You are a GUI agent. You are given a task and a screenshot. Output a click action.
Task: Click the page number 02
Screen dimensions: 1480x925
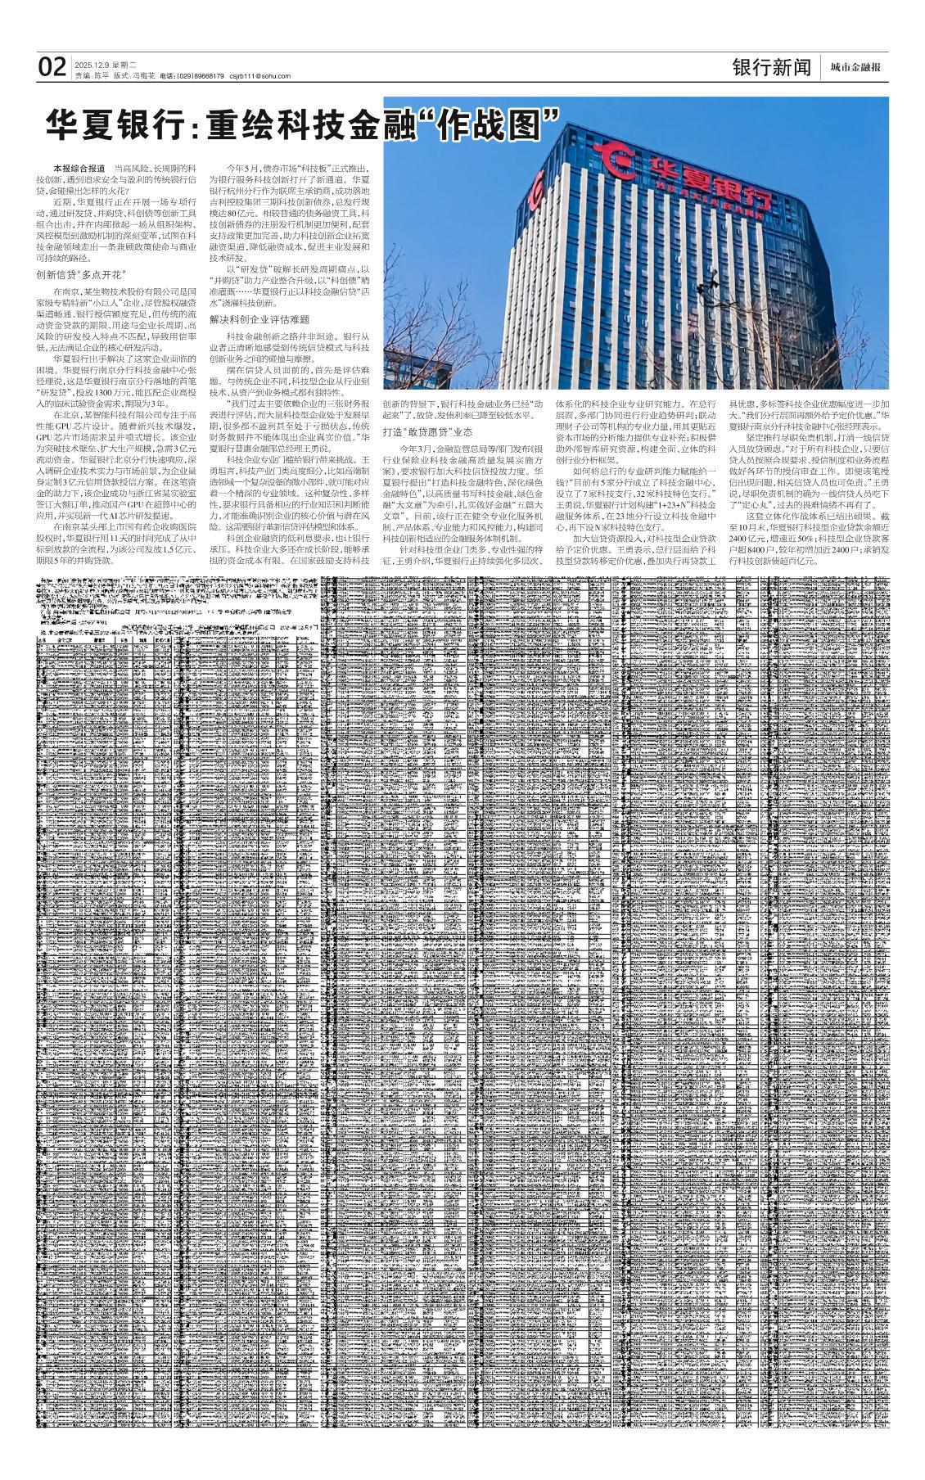[52, 67]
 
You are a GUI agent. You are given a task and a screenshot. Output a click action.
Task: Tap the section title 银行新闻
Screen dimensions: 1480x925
[771, 67]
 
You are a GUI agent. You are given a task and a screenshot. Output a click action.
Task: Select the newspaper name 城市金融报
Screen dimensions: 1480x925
[855, 68]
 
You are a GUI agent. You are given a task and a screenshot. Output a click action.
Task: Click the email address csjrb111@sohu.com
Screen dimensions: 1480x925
[259, 76]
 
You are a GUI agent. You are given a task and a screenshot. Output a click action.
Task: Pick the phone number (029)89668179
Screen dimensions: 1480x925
[201, 76]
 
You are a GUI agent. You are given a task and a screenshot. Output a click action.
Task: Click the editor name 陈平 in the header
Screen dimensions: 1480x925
[101, 76]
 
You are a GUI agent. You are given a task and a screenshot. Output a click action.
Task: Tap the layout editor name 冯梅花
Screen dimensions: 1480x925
[144, 76]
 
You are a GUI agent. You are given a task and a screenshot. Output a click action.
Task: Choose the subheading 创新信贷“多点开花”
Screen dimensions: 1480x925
[79, 273]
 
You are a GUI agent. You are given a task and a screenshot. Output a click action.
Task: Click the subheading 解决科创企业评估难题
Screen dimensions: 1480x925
[259, 318]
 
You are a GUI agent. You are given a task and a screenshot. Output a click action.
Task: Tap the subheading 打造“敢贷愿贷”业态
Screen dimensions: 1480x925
[427, 431]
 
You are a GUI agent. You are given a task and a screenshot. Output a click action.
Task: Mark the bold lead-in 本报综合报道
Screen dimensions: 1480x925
[79, 168]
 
